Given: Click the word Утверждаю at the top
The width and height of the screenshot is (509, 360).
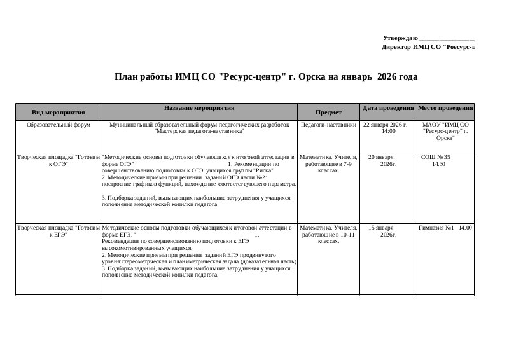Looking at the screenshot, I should pyautogui.click(x=400, y=39).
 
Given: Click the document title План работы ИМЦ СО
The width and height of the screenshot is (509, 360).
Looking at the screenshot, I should pyautogui.click(x=265, y=77).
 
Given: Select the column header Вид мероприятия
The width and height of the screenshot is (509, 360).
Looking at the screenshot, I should pyautogui.click(x=58, y=113).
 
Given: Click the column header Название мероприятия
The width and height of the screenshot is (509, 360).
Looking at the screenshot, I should pyautogui.click(x=199, y=109).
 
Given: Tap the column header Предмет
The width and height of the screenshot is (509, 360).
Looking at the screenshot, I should pyautogui.click(x=328, y=113).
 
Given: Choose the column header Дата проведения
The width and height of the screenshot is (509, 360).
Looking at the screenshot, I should pyautogui.click(x=387, y=109).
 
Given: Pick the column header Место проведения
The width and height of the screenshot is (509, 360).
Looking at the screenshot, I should pyautogui.click(x=445, y=109).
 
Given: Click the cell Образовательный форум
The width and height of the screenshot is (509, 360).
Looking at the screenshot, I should pyautogui.click(x=58, y=125).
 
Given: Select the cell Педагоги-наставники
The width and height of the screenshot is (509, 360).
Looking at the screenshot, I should pyautogui.click(x=328, y=125).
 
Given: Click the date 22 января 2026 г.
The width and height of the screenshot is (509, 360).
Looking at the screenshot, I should pyautogui.click(x=385, y=125).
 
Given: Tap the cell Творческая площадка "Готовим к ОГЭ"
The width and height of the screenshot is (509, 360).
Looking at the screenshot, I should pyautogui.click(x=58, y=160).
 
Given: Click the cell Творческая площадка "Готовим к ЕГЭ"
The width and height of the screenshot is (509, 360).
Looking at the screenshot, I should pyautogui.click(x=58, y=230).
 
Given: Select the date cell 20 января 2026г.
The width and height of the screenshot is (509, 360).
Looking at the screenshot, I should pyautogui.click(x=384, y=160).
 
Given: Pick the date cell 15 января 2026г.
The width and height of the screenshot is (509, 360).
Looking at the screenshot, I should pyautogui.click(x=384, y=230).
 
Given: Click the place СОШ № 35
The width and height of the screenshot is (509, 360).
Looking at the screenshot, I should pyautogui.click(x=436, y=156).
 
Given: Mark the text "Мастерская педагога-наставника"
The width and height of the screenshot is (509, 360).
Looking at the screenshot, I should pyautogui.click(x=199, y=131).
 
